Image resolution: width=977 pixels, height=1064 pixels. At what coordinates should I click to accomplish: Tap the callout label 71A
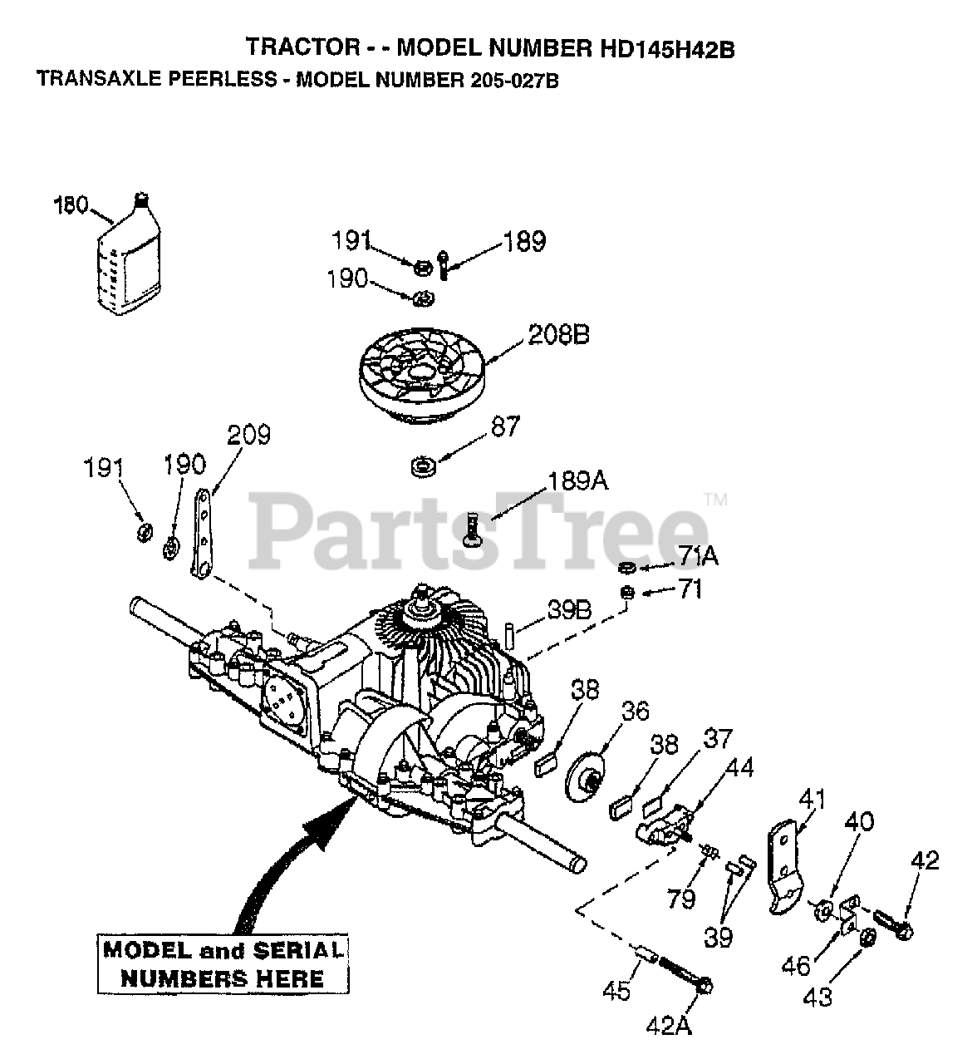698,555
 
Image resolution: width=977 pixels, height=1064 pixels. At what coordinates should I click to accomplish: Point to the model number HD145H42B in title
666,49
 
